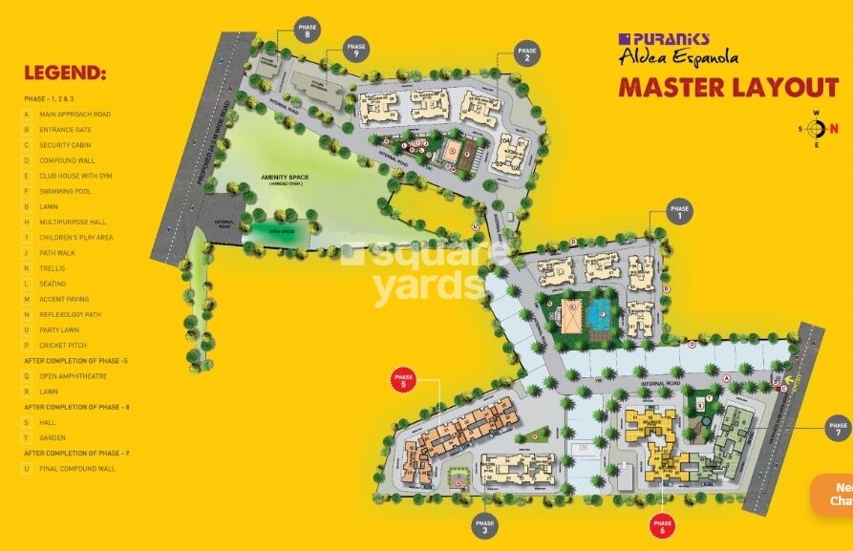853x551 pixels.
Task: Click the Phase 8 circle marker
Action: (x=308, y=31)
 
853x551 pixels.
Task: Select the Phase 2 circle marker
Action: (x=526, y=54)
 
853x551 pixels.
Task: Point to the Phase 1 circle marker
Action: (x=679, y=212)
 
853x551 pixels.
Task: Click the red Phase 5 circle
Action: (x=404, y=382)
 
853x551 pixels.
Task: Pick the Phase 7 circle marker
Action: (x=838, y=429)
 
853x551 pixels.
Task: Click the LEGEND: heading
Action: (x=65, y=74)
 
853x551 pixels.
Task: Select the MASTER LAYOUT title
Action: (x=728, y=89)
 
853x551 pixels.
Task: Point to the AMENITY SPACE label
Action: (x=284, y=179)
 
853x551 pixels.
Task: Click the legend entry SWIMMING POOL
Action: (x=65, y=191)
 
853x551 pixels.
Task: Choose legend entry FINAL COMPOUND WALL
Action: (x=76, y=469)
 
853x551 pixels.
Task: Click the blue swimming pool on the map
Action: (x=600, y=312)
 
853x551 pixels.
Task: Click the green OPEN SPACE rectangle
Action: (x=280, y=230)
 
